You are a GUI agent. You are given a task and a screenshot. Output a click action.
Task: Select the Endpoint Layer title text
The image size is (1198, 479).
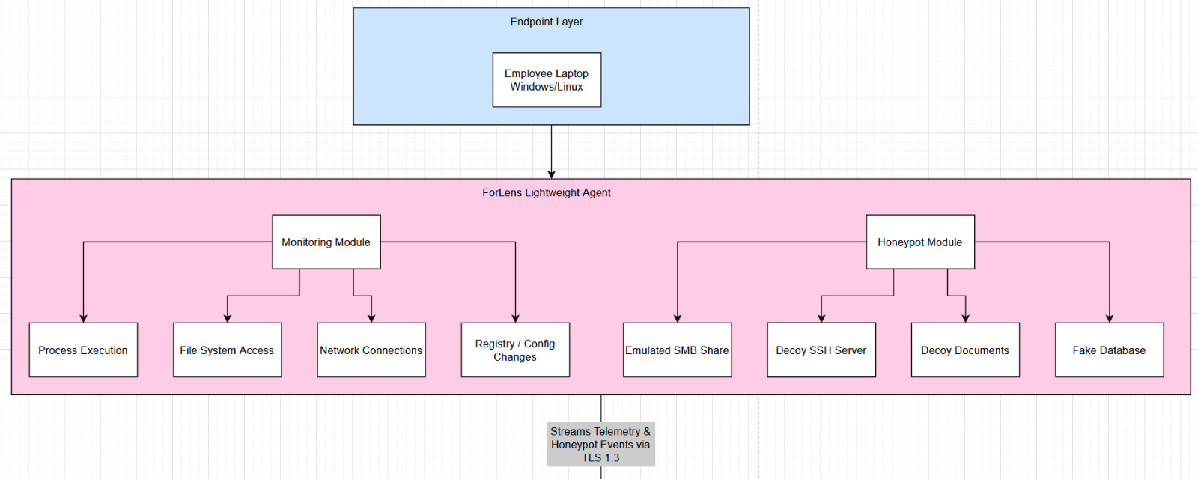point(547,22)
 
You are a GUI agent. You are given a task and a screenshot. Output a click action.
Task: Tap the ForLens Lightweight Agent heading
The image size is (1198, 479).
point(547,192)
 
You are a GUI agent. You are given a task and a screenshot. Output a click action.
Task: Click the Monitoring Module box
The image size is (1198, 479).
point(326,242)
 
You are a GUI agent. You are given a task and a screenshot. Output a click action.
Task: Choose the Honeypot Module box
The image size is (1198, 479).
point(919,242)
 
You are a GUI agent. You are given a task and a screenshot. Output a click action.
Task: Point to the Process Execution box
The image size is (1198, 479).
point(83,350)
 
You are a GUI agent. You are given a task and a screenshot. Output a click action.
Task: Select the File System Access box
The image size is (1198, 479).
point(227,350)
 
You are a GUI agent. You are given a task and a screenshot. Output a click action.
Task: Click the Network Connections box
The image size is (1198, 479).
point(371,350)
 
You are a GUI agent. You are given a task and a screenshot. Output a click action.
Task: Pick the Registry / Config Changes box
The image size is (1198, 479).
point(515,350)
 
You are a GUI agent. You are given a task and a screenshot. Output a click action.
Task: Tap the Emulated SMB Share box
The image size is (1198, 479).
point(677,350)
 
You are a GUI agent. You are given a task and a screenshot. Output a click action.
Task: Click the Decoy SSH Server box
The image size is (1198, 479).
point(821,350)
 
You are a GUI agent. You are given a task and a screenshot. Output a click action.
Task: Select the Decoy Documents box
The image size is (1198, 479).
point(964,350)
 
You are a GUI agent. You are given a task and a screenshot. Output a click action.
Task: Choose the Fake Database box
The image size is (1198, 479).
point(1109,350)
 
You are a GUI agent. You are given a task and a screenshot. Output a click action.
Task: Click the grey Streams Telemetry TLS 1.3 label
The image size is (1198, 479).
point(600,444)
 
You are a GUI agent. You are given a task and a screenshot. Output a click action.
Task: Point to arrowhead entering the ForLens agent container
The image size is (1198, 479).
point(551,174)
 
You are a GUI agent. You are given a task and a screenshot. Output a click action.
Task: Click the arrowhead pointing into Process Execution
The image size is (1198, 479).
point(83,318)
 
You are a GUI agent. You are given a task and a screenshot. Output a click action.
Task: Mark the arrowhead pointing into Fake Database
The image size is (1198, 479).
point(1109,318)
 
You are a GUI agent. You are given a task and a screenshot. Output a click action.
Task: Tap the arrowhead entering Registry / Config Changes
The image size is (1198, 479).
point(515,318)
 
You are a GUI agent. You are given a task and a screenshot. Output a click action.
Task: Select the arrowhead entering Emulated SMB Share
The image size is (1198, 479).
point(677,318)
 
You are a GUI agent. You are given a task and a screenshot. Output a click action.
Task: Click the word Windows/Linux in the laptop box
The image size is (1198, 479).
point(547,87)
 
